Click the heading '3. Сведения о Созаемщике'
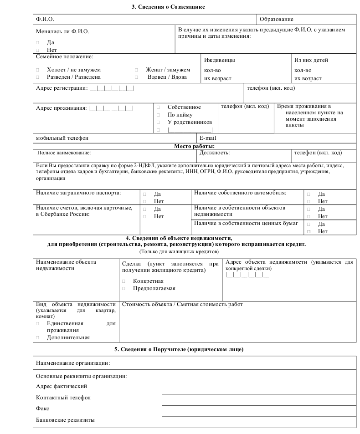click(x=169, y=7)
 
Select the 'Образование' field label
click(x=276, y=20)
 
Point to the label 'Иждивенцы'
click(x=219, y=60)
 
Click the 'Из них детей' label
click(x=311, y=60)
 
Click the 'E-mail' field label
click(x=208, y=138)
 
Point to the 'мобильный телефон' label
click(x=62, y=138)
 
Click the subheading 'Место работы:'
click(x=194, y=146)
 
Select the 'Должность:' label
click(x=215, y=153)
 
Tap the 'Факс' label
click(x=42, y=409)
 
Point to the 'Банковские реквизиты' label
click(x=65, y=420)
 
